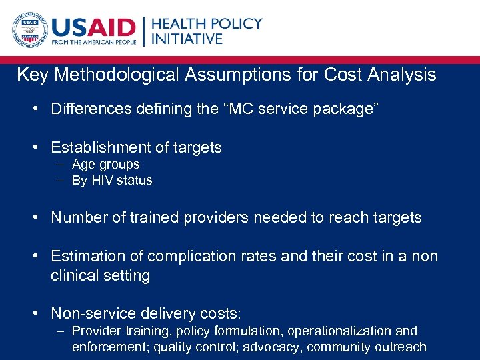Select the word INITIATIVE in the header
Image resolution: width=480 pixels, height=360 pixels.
tap(187, 39)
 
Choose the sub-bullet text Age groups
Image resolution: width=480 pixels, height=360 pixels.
tap(105, 165)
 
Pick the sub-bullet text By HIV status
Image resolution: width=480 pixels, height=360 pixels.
tap(112, 181)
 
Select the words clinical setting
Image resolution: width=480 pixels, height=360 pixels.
tap(100, 275)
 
